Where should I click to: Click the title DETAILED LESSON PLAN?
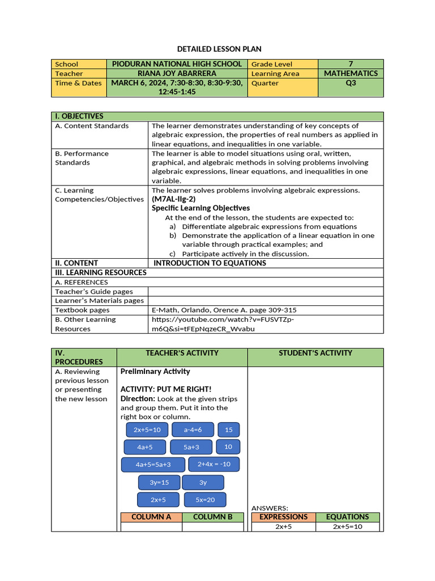click(x=217, y=49)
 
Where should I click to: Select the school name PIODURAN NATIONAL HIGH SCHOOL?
click(x=177, y=64)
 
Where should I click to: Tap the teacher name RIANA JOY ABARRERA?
click(x=177, y=73)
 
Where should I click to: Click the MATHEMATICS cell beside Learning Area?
click(x=351, y=73)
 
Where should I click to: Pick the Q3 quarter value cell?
click(x=351, y=83)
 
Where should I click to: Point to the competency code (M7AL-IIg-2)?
click(x=173, y=199)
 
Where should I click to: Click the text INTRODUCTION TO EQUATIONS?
click(x=210, y=263)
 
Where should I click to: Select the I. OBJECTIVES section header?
click(x=79, y=116)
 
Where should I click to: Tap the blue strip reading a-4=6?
click(x=193, y=430)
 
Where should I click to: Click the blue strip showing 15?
click(x=229, y=430)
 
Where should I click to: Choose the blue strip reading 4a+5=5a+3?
click(x=153, y=464)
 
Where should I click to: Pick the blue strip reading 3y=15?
click(x=159, y=482)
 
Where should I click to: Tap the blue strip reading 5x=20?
click(x=205, y=500)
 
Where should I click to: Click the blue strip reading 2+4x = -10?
click(x=214, y=464)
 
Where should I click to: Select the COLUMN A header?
click(x=151, y=517)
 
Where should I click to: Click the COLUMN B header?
click(x=213, y=517)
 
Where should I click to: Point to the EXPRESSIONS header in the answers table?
click(x=283, y=517)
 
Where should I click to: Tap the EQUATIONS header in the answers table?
click(x=347, y=517)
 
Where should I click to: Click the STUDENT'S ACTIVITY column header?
click(x=315, y=353)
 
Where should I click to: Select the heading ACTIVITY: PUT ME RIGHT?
click(x=166, y=389)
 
